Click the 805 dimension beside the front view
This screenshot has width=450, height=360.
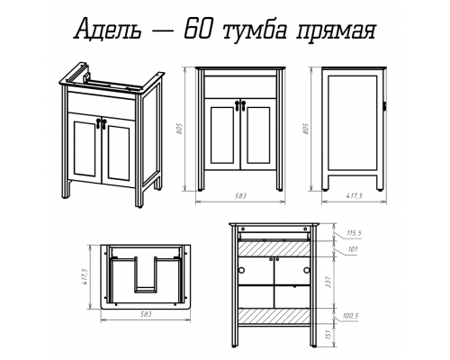179,129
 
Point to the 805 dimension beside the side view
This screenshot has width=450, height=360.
306,129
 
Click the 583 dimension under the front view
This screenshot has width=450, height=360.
240,196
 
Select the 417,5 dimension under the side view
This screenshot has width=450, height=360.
355,196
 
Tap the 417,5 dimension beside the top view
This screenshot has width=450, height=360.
85,276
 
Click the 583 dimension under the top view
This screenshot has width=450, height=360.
146,314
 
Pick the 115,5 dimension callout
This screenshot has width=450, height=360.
354,233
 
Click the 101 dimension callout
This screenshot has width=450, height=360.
352,249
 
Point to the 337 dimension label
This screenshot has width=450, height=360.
328,283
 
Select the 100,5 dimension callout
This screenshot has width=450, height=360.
351,316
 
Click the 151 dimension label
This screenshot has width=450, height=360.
328,334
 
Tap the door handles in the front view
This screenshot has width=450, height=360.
240,105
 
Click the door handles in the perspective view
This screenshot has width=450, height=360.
101,123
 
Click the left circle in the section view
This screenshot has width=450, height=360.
240,270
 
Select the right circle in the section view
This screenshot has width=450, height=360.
306,270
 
